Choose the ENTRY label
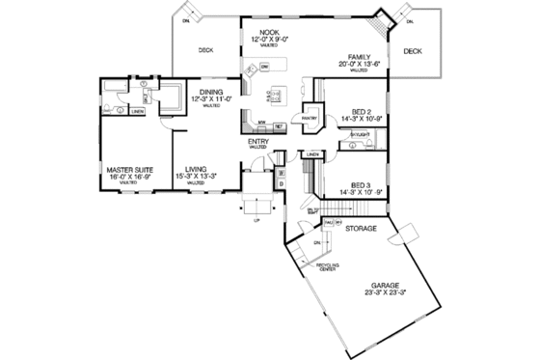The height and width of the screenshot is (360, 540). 257,142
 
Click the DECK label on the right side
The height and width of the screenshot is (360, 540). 413,50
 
